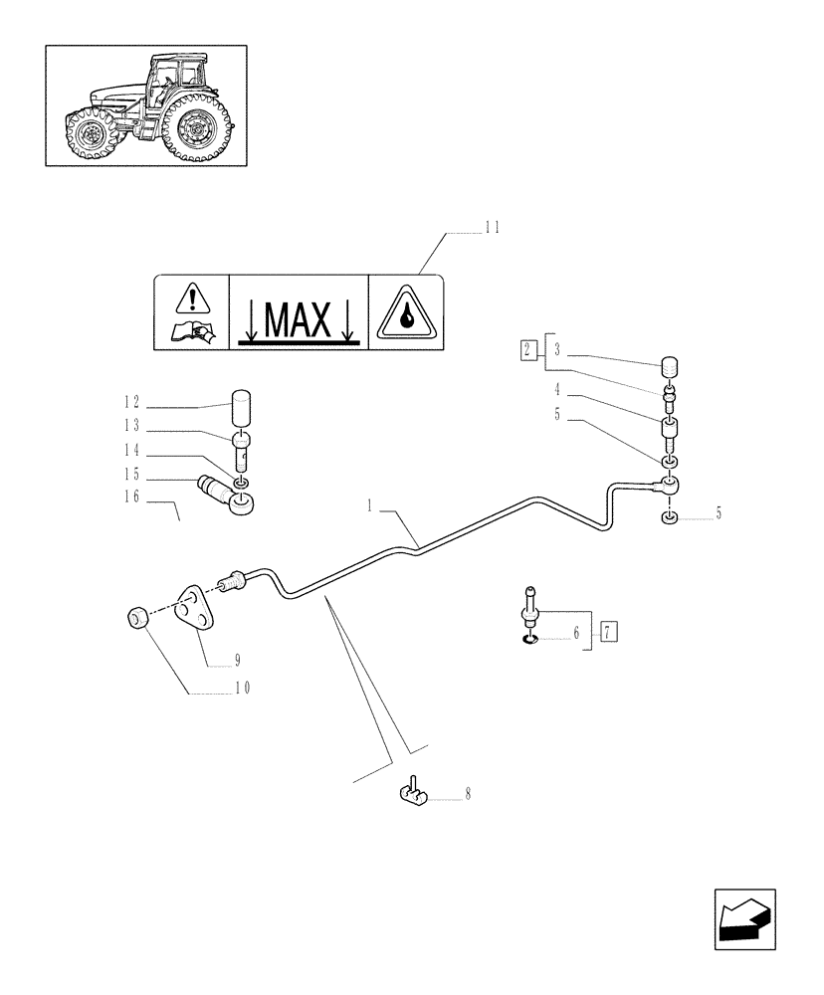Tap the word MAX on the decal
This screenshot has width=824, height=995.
(298, 319)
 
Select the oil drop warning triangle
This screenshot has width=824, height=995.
(406, 312)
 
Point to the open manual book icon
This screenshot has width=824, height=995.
(191, 332)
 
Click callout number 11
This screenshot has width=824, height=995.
(492, 228)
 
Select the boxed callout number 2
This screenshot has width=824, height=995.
(527, 349)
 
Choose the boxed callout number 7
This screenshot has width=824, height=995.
(609, 631)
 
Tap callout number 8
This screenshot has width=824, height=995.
(467, 794)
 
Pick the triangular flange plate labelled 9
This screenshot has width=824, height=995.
(195, 610)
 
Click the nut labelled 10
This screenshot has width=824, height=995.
(138, 618)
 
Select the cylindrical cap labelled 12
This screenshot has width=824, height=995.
(245, 408)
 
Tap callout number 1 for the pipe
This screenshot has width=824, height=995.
(369, 506)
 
